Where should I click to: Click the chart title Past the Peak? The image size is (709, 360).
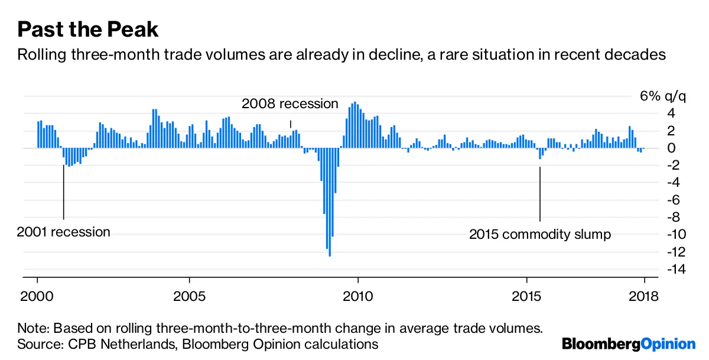(x=88, y=30)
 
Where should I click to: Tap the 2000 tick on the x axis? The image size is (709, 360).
(x=38, y=296)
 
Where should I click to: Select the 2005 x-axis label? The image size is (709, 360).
(x=189, y=296)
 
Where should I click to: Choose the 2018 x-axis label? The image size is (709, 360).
(x=644, y=296)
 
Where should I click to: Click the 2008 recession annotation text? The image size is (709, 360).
(x=290, y=104)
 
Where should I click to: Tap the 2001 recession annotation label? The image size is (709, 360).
(x=64, y=232)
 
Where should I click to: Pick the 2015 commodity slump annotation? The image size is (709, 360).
(x=540, y=235)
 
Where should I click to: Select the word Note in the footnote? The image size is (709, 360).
(x=32, y=328)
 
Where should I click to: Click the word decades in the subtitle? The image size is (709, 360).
(x=641, y=56)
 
